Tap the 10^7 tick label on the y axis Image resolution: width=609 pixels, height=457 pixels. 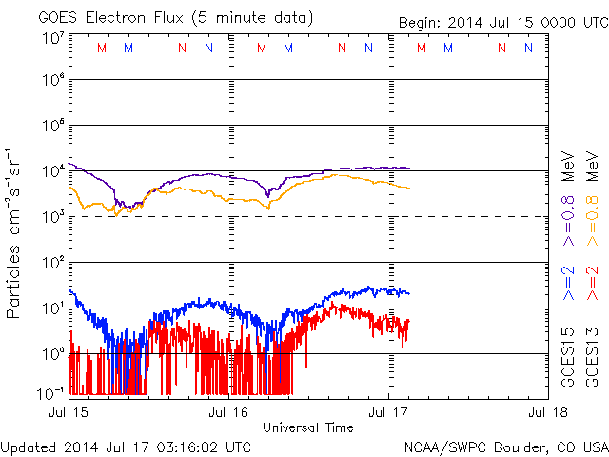point(52,37)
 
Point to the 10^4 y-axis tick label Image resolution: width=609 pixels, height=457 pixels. point(52,171)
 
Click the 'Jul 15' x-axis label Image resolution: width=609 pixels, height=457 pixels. point(69,412)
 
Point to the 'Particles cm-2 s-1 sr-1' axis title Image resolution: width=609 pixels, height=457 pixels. point(15,233)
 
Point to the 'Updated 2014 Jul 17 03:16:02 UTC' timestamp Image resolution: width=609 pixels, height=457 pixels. point(127,446)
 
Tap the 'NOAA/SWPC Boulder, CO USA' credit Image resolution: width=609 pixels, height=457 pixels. point(505,446)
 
